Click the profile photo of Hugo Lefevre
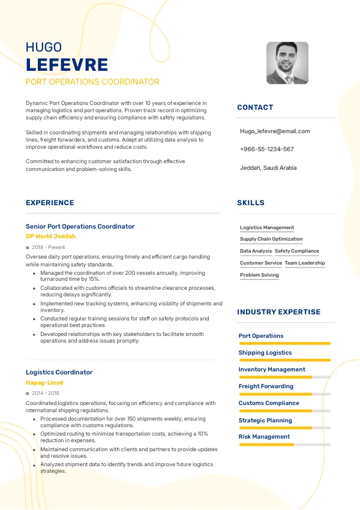287,63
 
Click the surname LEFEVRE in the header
67,65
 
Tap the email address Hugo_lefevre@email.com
275,131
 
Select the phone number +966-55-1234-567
266,149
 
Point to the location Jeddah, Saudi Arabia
268,168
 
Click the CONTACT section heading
255,107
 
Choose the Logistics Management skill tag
267,228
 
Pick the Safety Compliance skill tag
297,251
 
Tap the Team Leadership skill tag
305,263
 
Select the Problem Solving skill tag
259,275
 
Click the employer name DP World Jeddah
51,236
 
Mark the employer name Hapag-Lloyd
44,382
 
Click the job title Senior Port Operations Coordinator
80,226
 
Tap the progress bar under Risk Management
284,445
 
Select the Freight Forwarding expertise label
266,386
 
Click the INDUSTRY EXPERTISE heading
278,312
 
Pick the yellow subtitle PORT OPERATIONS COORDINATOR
92,82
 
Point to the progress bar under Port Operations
284,343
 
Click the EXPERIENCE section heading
50,203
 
